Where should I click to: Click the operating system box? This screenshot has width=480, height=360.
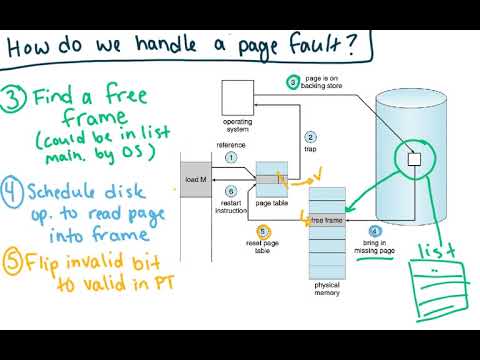coord(235,97)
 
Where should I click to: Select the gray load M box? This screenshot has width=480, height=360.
coord(198,180)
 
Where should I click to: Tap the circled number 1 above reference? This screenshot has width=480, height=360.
coord(231,157)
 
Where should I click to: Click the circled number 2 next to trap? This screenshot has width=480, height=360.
coord(311,137)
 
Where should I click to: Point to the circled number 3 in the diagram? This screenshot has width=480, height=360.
coord(293,81)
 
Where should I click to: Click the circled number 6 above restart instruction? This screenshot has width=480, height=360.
coord(230,190)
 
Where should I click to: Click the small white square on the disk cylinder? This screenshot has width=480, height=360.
coord(415,158)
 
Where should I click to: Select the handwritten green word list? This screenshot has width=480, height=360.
coord(437,247)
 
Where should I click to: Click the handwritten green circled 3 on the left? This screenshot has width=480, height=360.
coord(15,98)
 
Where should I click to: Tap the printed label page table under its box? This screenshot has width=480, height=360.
coord(273,203)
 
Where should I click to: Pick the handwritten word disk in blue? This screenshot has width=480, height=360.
coord(128,188)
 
